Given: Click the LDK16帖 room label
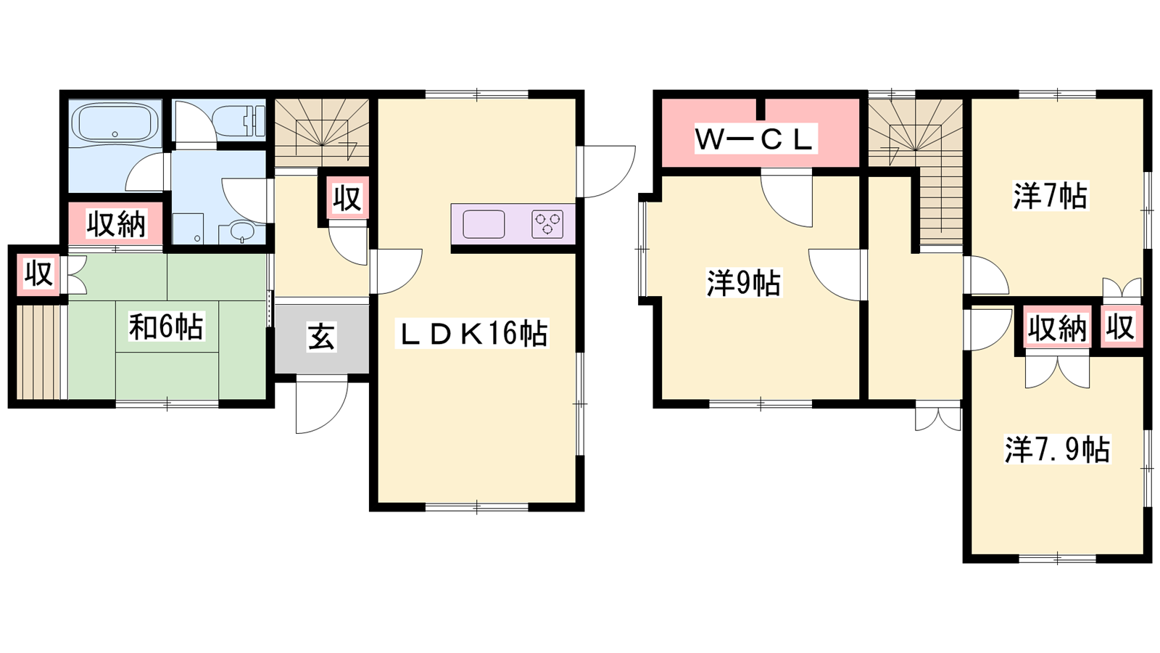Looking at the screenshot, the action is (x=472, y=333).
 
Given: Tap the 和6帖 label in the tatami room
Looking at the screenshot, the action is (x=166, y=326).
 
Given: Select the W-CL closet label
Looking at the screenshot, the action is (x=755, y=139).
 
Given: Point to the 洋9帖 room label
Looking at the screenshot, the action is (x=744, y=283).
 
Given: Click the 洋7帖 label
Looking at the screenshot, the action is (x=1051, y=196).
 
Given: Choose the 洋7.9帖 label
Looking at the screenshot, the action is (x=1057, y=449).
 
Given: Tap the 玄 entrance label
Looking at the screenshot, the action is (x=321, y=337).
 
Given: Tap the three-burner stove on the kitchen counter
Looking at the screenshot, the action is (x=547, y=224).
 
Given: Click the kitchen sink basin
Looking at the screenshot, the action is (x=484, y=224).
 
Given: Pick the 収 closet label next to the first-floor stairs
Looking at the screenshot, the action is (x=347, y=198).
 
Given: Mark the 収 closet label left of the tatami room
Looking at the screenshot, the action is (x=39, y=273).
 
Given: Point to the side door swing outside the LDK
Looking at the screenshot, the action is (x=606, y=172).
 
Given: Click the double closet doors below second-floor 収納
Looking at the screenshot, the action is (x=1057, y=369).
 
